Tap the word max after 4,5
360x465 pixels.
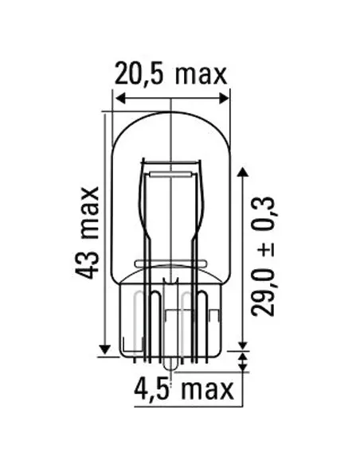[x=206, y=390]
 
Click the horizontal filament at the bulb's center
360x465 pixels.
[x=171, y=169]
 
